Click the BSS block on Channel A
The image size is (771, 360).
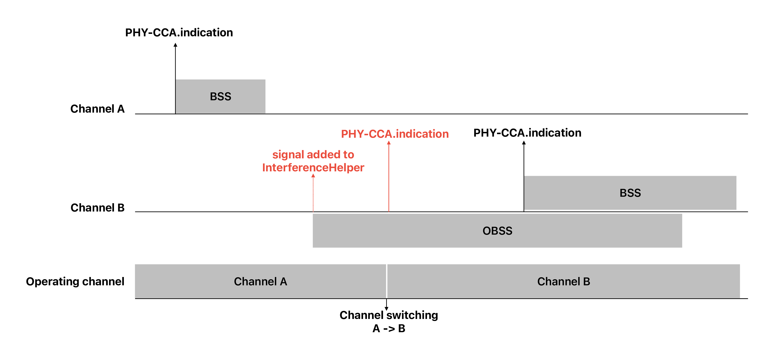[x=220, y=96]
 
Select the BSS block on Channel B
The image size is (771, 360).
[x=630, y=193]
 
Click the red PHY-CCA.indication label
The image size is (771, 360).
[x=395, y=134]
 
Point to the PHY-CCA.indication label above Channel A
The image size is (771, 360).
[x=179, y=32]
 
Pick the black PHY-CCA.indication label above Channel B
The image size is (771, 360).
[x=527, y=133]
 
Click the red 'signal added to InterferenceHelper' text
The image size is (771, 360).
[x=313, y=161]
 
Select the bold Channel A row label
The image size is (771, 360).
[x=97, y=109]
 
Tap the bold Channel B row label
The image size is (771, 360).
[x=97, y=207]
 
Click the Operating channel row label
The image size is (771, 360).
[x=75, y=281]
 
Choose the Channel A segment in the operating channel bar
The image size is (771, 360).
[x=260, y=281]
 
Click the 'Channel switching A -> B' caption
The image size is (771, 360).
[x=388, y=321]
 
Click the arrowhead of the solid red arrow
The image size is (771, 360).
[x=389, y=143]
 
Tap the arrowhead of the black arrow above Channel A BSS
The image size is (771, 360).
[x=175, y=45]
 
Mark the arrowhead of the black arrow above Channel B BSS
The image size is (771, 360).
[x=524, y=143]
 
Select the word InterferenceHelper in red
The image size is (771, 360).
[x=313, y=168]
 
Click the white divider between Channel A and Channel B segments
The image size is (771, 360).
[x=386, y=281]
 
